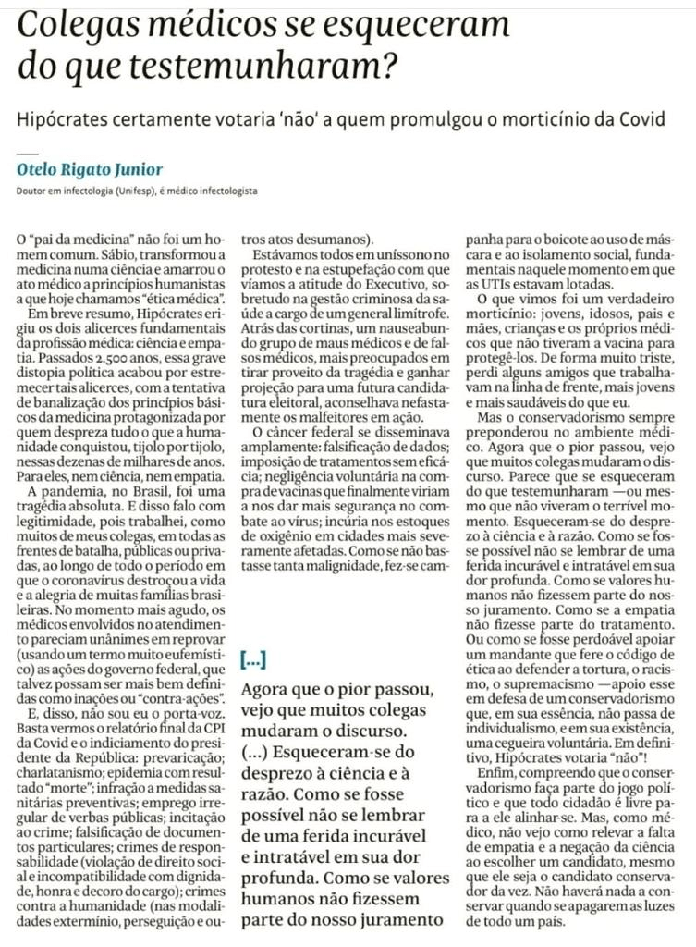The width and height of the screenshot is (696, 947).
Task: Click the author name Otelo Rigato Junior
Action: click(90, 169)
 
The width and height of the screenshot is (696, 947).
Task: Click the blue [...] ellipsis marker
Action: click(254, 660)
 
